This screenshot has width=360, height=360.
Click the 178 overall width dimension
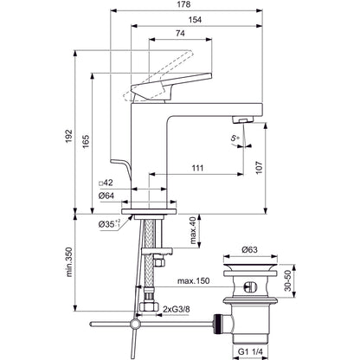pyautogui.click(x=183, y=4)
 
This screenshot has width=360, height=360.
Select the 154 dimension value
pyautogui.click(x=196, y=20)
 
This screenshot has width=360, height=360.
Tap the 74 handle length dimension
pyautogui.click(x=180, y=34)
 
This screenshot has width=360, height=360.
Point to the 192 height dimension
pyautogui.click(x=68, y=136)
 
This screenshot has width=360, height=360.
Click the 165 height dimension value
pyautogui.click(x=86, y=141)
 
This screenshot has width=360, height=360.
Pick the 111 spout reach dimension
pyautogui.click(x=197, y=168)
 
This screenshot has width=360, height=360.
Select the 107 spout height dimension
pyautogui.click(x=259, y=167)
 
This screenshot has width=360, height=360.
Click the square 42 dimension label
pyautogui.click(x=106, y=183)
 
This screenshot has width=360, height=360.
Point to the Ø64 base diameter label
pyautogui.click(x=106, y=196)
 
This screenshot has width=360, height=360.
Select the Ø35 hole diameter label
pyautogui.click(x=109, y=223)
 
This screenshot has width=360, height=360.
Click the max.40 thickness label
pyautogui.click(x=193, y=231)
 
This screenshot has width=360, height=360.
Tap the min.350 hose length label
pyautogui.click(x=69, y=262)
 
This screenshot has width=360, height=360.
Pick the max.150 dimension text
pyautogui.click(x=193, y=280)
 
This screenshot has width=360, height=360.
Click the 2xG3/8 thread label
pyautogui.click(x=177, y=310)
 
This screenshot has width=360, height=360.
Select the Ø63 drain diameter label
pyautogui.click(x=249, y=249)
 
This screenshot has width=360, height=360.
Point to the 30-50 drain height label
pyautogui.click(x=288, y=280)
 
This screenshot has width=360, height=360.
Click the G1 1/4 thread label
pyautogui.click(x=250, y=352)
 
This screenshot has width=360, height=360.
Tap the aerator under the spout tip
pyautogui.click(x=242, y=119)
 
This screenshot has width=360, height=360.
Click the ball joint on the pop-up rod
pyautogui.click(x=135, y=325)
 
